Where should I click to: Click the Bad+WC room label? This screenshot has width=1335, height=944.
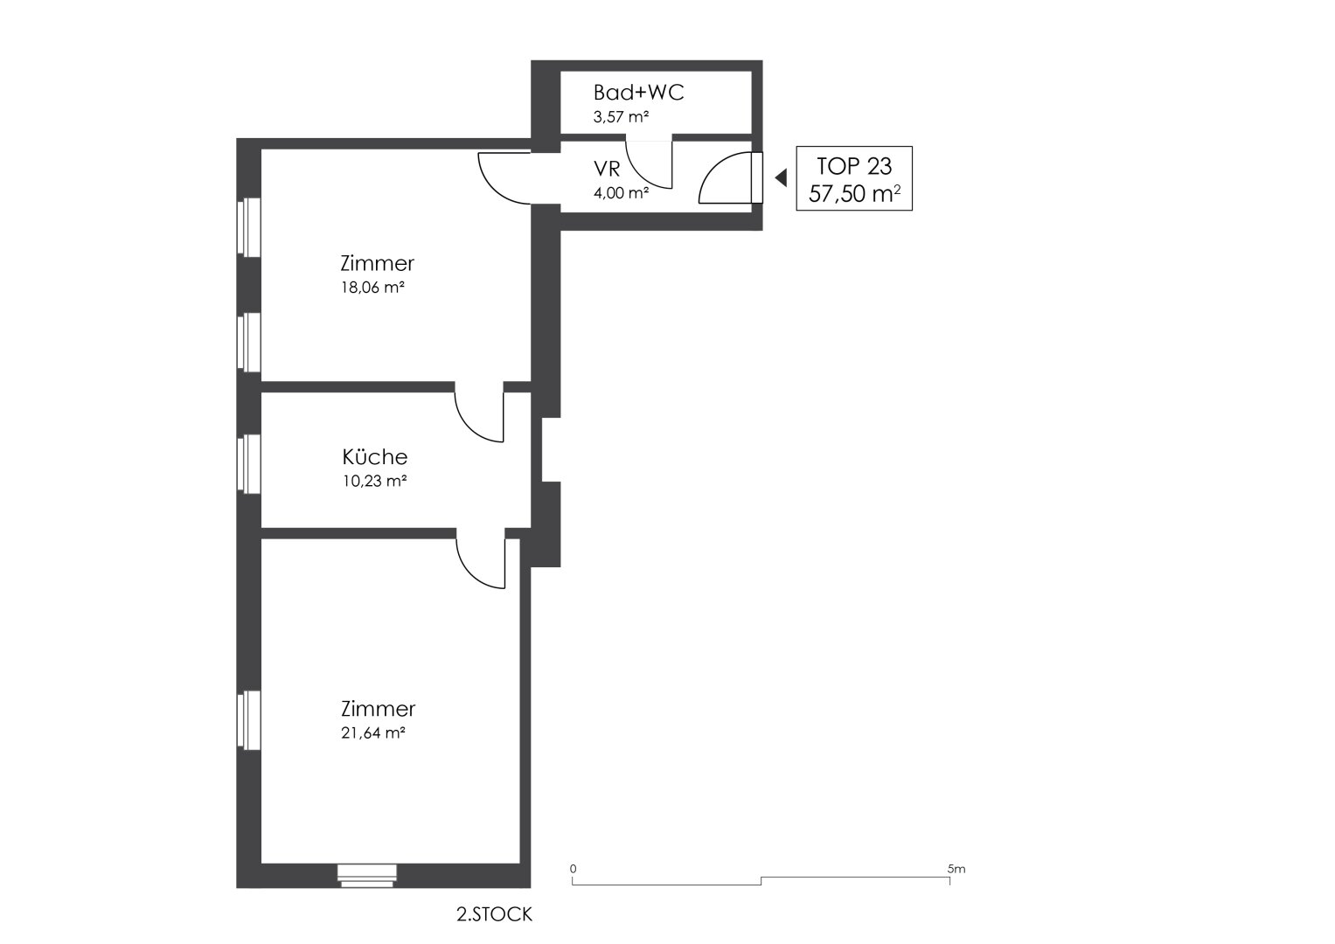[x=638, y=93]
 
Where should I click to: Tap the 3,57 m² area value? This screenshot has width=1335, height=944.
[x=621, y=117]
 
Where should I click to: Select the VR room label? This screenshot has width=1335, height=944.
[x=607, y=170]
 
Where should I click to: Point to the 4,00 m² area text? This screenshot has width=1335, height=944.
[x=621, y=192]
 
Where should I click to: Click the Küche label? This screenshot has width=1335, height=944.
[x=375, y=457]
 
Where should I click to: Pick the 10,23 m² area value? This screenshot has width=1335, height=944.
[x=374, y=481]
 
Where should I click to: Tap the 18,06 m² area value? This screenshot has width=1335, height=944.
[x=372, y=288]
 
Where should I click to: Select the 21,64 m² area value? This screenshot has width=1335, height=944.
[x=373, y=733]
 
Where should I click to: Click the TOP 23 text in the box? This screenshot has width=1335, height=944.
[x=854, y=166]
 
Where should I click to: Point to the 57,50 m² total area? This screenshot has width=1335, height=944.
[x=854, y=194]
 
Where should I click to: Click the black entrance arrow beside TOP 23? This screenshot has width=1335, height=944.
[x=781, y=177]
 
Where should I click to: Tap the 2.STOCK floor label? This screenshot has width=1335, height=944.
[x=494, y=914]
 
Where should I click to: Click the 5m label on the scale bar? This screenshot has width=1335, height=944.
[x=956, y=869]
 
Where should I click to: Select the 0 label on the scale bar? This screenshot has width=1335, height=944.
[x=573, y=869]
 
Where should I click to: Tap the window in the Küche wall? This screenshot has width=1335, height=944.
[x=249, y=464]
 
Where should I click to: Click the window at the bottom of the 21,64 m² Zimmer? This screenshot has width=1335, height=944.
[x=366, y=876]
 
